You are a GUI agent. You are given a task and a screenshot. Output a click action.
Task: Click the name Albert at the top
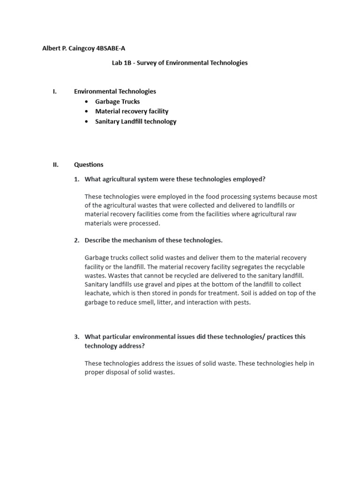tap(52, 48)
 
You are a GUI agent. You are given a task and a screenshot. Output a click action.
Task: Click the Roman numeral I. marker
tap(55, 91)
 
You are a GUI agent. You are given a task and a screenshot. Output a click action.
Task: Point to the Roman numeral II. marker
tap(55, 165)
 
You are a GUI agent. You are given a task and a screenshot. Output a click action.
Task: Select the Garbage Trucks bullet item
tap(117, 101)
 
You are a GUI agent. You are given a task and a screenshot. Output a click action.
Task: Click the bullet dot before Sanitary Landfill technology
tap(86, 121)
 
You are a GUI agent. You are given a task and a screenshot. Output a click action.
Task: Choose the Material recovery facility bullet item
tap(131, 111)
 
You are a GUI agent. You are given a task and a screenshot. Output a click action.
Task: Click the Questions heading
tap(89, 165)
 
